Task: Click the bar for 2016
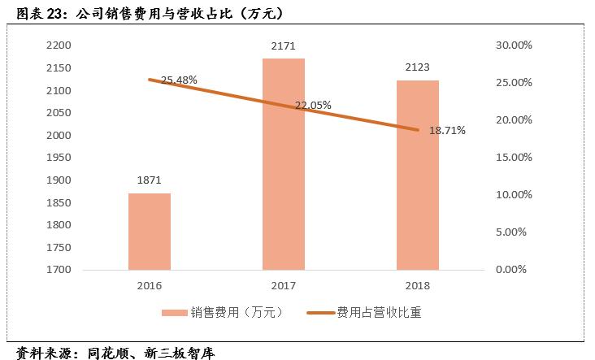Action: (x=150, y=232)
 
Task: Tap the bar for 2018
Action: (x=418, y=175)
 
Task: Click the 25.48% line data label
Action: (x=179, y=80)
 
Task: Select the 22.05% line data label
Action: (x=313, y=106)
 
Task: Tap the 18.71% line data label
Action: (x=446, y=130)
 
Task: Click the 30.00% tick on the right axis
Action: (x=513, y=46)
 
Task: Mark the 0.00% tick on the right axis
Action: (x=515, y=270)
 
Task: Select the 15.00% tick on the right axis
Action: (x=513, y=158)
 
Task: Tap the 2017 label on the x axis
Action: (x=284, y=286)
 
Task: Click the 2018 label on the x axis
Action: (x=418, y=286)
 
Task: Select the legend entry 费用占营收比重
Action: (x=378, y=311)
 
